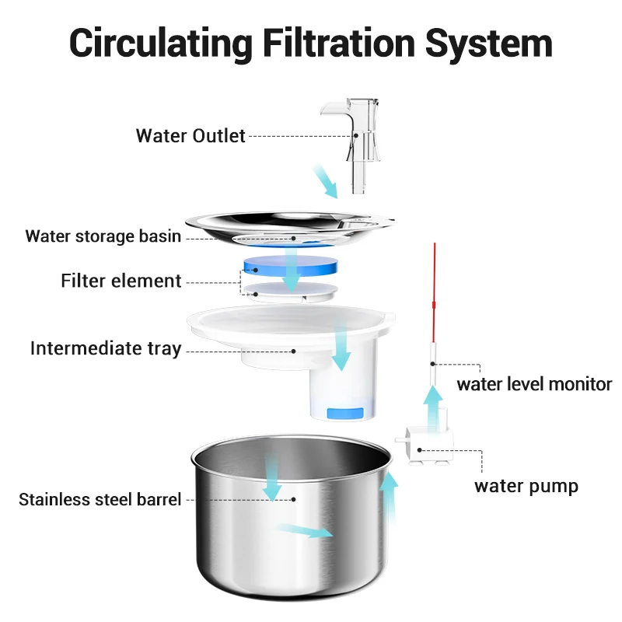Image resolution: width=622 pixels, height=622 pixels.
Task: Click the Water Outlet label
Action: point(190,136)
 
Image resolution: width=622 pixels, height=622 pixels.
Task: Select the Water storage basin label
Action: point(103,236)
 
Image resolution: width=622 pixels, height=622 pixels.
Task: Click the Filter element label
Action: point(121,281)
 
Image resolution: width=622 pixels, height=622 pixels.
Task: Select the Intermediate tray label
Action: point(106,348)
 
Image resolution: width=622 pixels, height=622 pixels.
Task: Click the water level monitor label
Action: point(534,383)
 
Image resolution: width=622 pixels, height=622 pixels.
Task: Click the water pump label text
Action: point(526,487)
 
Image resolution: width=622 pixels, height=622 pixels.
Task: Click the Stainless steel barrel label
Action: point(100,499)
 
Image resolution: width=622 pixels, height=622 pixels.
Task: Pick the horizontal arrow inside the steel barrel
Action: point(304,530)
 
